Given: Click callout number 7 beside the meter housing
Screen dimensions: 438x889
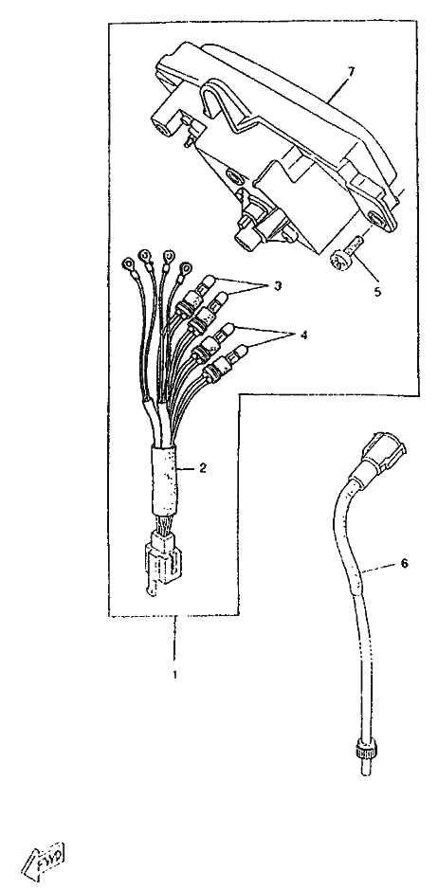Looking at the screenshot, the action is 351,72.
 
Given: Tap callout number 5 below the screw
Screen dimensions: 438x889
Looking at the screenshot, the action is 378,293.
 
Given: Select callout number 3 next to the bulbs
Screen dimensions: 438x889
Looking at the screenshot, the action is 277,286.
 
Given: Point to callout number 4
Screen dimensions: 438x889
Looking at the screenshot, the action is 303,336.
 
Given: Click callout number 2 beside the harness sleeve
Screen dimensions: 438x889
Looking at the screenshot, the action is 202,469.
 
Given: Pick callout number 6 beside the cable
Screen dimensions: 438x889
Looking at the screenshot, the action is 404,563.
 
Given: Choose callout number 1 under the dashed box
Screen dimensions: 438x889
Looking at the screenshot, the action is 174,675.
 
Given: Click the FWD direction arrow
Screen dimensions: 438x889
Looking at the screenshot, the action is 43,856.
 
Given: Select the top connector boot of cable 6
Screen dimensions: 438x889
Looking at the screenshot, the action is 384,452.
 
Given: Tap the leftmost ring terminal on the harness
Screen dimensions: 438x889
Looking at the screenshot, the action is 129,264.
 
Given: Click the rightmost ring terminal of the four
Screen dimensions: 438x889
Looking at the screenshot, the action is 185,268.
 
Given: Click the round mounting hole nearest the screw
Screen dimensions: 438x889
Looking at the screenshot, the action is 376,219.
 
